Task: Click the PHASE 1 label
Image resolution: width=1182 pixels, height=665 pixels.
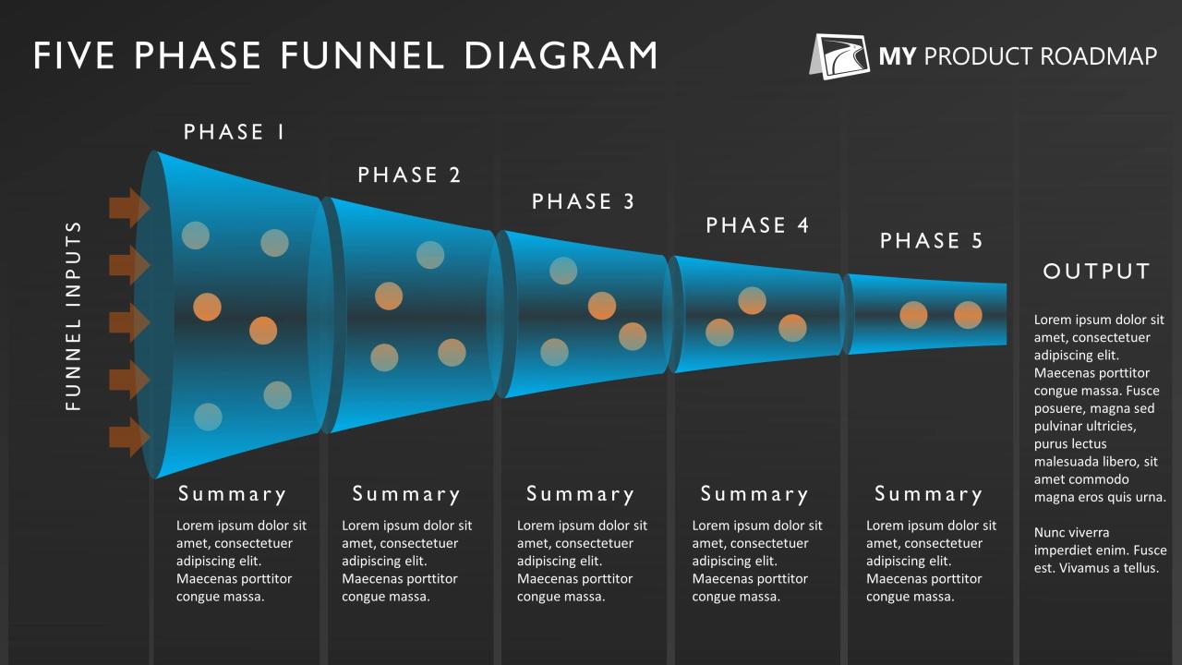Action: click(x=235, y=132)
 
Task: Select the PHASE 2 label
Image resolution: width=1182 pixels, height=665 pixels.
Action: click(x=409, y=175)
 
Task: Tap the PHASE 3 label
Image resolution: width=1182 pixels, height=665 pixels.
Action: click(x=584, y=201)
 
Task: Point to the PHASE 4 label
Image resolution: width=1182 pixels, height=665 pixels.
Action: click(x=757, y=225)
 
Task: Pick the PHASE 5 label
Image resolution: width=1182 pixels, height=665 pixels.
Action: click(x=932, y=241)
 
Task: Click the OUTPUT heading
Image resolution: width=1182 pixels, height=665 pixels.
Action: click(x=1097, y=272)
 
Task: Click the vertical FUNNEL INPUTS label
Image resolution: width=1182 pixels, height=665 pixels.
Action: click(x=75, y=316)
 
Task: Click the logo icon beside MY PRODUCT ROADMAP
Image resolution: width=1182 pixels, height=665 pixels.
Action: click(x=840, y=56)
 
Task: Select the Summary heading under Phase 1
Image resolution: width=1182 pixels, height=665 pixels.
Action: click(x=232, y=494)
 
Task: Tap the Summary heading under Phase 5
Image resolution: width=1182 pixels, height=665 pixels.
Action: click(x=928, y=494)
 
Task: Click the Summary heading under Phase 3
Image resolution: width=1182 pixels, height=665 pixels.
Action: click(x=580, y=494)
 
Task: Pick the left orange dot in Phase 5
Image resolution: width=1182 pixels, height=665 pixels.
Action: click(x=913, y=315)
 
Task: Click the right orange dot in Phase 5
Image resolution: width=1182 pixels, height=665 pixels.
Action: click(x=968, y=315)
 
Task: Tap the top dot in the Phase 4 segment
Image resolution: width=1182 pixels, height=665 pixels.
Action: click(x=752, y=300)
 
